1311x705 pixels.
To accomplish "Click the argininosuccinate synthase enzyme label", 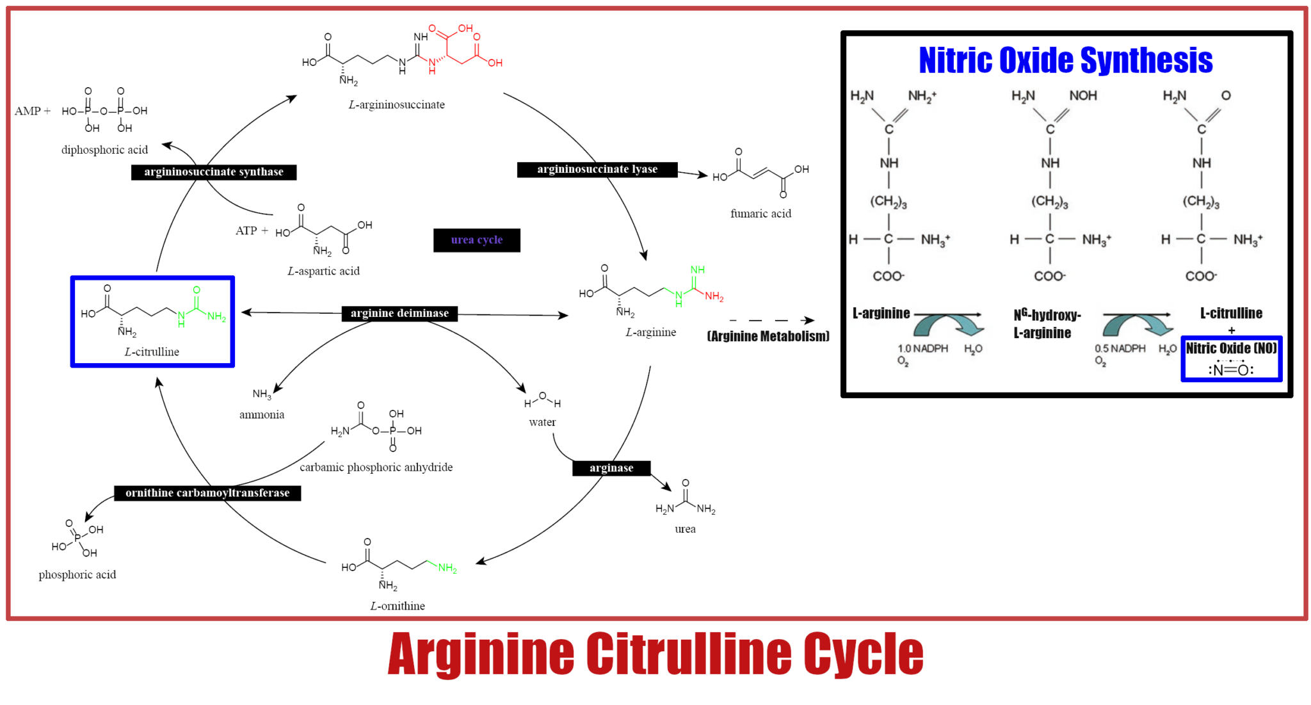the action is click(x=214, y=172).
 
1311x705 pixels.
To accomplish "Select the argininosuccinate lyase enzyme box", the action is click(x=597, y=169).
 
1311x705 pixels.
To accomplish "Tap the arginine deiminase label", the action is click(x=399, y=313).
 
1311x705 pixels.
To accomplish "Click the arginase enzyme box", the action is click(x=611, y=468).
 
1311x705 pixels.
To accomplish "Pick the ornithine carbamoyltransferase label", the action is click(x=207, y=493).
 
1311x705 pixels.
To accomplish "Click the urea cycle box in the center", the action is click(x=477, y=240).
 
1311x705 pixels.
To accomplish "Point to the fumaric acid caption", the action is click(x=760, y=213).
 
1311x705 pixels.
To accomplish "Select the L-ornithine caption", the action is click(x=398, y=606).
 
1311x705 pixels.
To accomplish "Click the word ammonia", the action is click(x=262, y=415).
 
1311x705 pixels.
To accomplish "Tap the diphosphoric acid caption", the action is click(x=104, y=150).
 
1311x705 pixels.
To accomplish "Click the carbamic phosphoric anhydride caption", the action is click(x=376, y=467).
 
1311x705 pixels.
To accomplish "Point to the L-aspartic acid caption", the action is click(x=323, y=271).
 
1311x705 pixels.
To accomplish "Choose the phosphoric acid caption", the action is click(x=77, y=574).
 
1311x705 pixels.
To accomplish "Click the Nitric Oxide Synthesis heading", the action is click(x=1066, y=61).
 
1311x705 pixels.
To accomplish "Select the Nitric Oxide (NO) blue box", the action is click(x=1232, y=359).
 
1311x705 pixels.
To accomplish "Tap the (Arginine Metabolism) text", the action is click(x=768, y=336).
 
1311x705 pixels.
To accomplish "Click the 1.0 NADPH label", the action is click(x=922, y=348).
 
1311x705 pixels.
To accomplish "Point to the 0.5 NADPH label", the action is click(x=1120, y=348).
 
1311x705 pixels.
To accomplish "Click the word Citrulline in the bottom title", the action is click(x=689, y=654).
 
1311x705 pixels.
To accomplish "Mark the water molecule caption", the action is click(x=542, y=422).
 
